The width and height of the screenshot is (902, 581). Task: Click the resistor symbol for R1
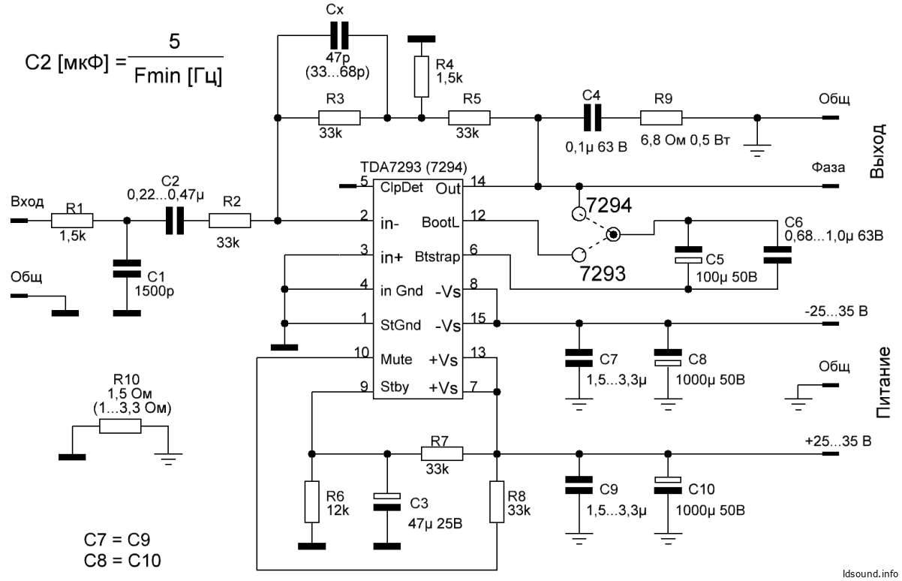click(72, 221)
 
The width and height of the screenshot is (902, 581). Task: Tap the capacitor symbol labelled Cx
click(339, 35)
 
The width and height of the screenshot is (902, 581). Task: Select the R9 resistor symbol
click(661, 117)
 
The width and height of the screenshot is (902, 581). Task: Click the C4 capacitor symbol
click(592, 117)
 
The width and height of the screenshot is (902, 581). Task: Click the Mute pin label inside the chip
click(395, 359)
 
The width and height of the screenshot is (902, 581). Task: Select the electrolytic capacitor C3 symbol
click(387, 501)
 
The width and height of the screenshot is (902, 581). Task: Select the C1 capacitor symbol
click(126, 269)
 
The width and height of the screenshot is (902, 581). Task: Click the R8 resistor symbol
click(496, 501)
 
